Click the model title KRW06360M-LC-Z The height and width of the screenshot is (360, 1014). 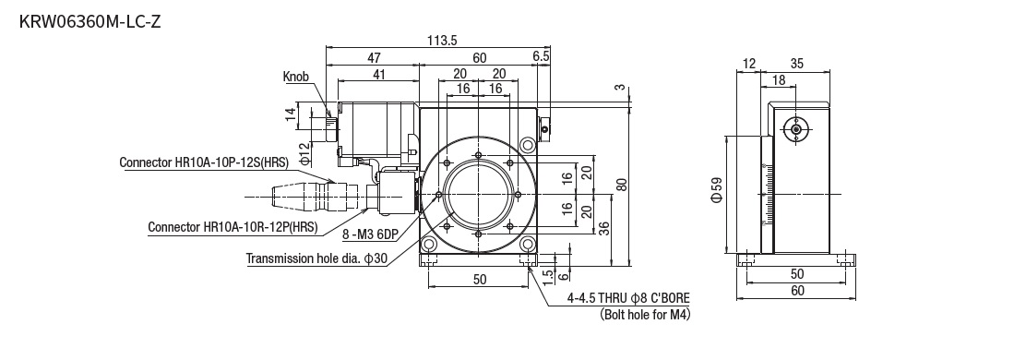[x=89, y=21]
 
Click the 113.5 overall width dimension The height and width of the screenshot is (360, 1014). [x=442, y=40]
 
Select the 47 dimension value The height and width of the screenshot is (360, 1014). [x=374, y=57]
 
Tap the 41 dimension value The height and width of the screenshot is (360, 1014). [x=379, y=75]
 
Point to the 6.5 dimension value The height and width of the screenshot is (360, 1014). [x=542, y=57]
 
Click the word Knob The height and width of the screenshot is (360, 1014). [x=296, y=77]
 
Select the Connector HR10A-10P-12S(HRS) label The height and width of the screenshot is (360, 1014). [x=204, y=162]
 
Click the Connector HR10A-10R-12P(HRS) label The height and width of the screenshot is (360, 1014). [x=233, y=227]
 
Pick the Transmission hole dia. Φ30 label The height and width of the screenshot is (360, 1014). [x=316, y=258]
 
